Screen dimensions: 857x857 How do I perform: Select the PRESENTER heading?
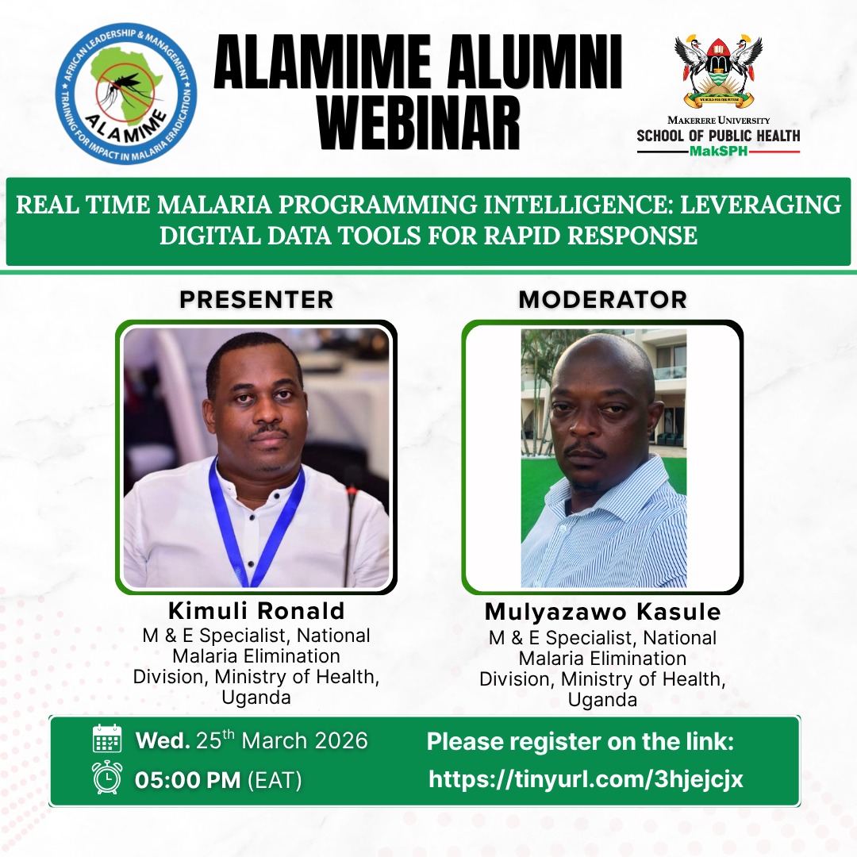pyautogui.click(x=256, y=299)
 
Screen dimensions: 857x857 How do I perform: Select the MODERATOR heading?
pyautogui.click(x=602, y=299)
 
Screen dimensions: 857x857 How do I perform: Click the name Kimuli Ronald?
pyautogui.click(x=256, y=611)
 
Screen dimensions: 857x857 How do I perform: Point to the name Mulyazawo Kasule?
pyautogui.click(x=602, y=613)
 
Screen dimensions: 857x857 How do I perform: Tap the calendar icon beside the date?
pyautogui.click(x=107, y=740)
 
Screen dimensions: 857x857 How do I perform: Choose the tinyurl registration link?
pyautogui.click(x=586, y=779)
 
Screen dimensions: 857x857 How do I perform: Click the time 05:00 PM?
pyautogui.click(x=187, y=780)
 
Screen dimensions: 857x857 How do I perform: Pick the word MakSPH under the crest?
pyautogui.click(x=719, y=151)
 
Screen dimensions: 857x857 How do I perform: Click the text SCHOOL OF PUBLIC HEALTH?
pyautogui.click(x=718, y=136)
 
